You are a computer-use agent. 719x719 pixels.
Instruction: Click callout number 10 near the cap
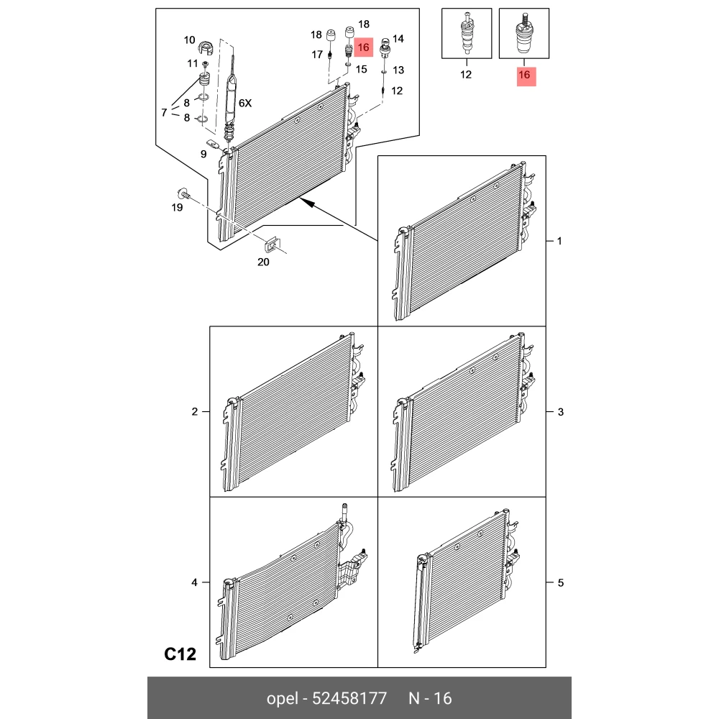[189, 40]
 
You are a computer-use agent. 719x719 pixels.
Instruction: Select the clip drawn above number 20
[272, 245]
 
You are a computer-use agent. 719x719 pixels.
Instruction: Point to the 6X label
[245, 103]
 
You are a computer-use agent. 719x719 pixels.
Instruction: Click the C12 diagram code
[180, 654]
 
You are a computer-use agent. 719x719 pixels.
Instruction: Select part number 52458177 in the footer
[349, 698]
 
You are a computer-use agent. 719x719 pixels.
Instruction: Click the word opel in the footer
[282, 699]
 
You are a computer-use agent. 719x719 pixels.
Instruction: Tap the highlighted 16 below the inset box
[524, 75]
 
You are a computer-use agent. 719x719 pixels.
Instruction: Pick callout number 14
[398, 39]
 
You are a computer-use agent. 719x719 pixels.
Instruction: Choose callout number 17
[317, 55]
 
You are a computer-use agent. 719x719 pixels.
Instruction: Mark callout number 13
[398, 70]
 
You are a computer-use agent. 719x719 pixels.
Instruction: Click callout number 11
[193, 63]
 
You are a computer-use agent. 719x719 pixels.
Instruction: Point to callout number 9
[203, 154]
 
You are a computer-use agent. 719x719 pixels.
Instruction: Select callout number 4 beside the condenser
[194, 582]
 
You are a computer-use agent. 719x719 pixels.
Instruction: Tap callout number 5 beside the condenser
[560, 583]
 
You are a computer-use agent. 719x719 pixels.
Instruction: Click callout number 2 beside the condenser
[194, 412]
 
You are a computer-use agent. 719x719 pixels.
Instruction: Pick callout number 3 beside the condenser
[560, 412]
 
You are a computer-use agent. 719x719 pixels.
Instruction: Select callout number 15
[362, 69]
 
